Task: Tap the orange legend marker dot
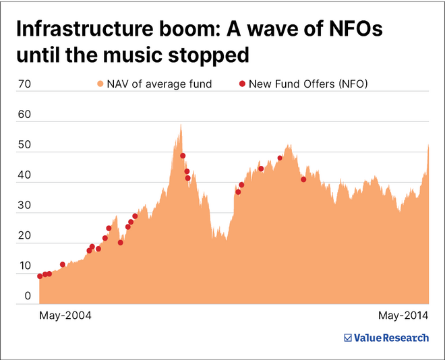click(x=100, y=84)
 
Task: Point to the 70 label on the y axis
click(x=24, y=84)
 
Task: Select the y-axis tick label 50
click(x=24, y=145)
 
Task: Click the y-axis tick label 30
click(x=24, y=206)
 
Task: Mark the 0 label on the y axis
click(x=28, y=296)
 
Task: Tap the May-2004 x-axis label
click(x=65, y=316)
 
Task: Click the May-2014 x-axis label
click(x=403, y=316)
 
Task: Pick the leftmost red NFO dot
click(x=40, y=276)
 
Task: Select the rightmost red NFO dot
click(x=303, y=179)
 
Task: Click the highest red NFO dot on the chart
click(x=183, y=156)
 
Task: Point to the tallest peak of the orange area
click(x=180, y=125)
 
